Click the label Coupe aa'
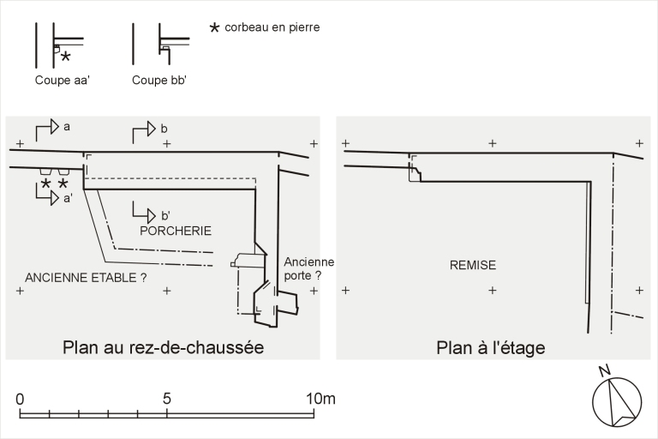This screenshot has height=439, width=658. (x=62, y=81)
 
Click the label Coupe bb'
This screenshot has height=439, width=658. (x=159, y=81)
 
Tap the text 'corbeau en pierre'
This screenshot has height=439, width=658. (x=272, y=27)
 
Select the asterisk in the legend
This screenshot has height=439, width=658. (x=214, y=28)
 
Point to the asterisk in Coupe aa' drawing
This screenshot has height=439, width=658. (x=65, y=57)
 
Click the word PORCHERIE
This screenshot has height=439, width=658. (x=176, y=231)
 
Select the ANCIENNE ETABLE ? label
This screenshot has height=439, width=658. (x=86, y=278)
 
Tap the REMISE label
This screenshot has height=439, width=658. (x=473, y=265)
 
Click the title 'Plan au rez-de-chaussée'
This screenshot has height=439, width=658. (x=164, y=348)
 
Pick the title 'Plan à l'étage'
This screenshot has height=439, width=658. (x=491, y=348)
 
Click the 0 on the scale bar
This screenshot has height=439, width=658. (x=20, y=399)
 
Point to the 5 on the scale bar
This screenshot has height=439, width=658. (x=167, y=399)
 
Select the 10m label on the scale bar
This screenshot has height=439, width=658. (x=320, y=399)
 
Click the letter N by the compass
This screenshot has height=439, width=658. (x=604, y=370)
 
